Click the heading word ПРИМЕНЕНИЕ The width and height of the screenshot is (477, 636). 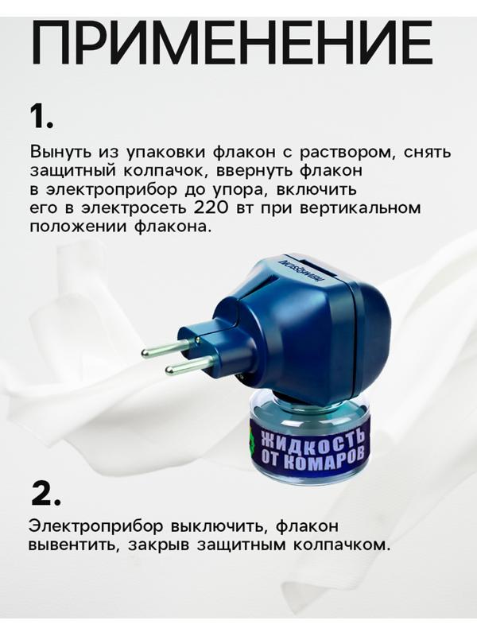pos(231,44)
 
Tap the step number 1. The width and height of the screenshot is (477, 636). pos(41,116)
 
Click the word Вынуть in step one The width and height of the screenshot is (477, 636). pos(59,152)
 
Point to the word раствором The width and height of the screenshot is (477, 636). pos(347,152)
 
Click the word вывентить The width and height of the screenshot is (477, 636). pos(72,546)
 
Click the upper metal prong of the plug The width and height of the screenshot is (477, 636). pos(166,349)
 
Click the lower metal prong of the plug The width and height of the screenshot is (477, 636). pos(188,366)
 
